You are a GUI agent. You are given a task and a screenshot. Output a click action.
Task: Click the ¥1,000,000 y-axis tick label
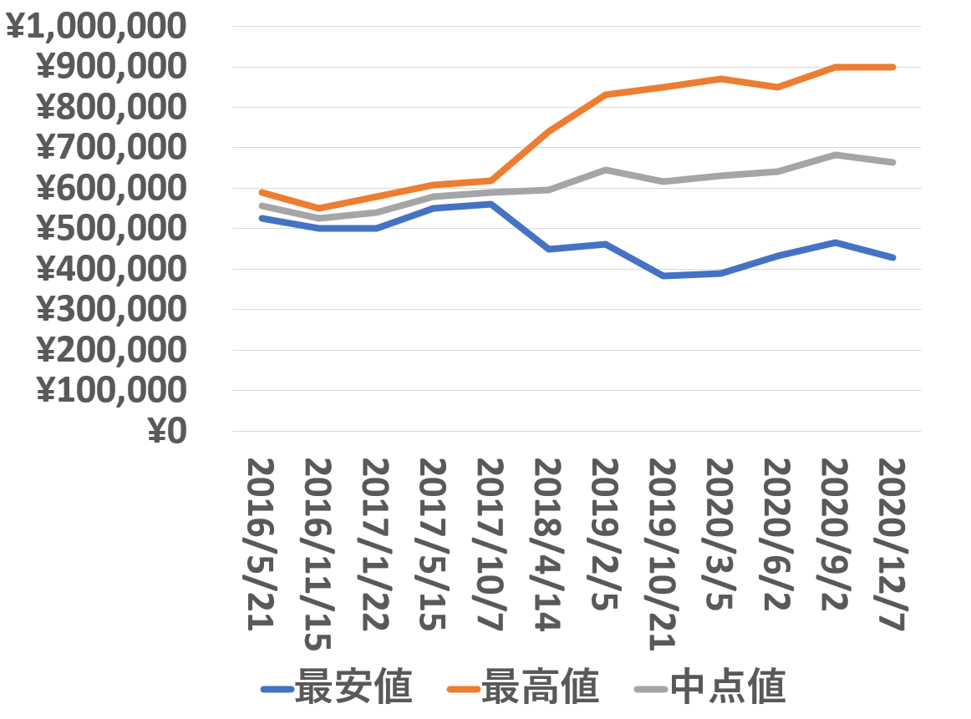click(95, 27)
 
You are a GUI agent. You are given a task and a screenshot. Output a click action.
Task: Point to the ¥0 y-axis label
click(166, 432)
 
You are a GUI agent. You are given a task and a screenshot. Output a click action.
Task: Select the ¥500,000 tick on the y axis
click(111, 229)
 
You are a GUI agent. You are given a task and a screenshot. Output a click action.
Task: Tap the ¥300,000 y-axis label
click(111, 310)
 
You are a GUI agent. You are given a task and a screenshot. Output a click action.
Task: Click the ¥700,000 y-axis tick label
click(111, 148)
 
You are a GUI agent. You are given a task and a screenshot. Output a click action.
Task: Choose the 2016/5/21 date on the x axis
click(262, 544)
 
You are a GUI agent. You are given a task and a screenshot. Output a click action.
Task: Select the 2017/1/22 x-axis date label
click(376, 544)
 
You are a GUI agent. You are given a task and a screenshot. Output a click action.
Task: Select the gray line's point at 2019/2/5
click(605, 170)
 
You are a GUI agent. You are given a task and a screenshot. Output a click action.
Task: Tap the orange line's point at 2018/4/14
click(547, 131)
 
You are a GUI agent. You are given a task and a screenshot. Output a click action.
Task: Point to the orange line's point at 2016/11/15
click(318, 208)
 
